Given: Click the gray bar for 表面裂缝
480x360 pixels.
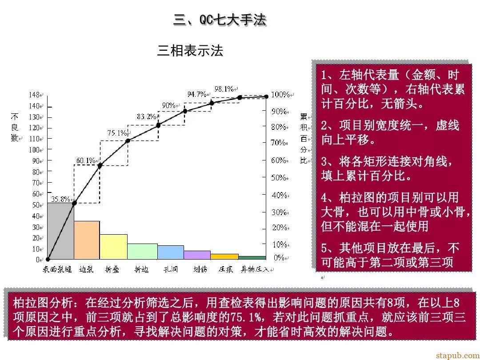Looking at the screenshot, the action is (x=60, y=231).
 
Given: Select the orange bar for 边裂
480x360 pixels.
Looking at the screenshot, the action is (x=87, y=240).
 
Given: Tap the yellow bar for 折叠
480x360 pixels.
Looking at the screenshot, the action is (x=113, y=247).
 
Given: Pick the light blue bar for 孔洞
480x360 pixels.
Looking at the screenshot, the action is (x=171, y=252).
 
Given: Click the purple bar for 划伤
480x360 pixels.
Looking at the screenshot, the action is (x=197, y=255).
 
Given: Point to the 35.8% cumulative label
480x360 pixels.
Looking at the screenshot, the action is (x=60, y=199).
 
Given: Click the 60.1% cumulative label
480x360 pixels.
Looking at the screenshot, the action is (x=86, y=160).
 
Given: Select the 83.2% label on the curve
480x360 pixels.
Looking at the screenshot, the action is (x=146, y=116).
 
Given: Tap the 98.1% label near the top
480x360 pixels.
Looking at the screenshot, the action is (x=224, y=89).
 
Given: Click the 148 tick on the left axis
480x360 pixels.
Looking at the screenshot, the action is (x=34, y=95).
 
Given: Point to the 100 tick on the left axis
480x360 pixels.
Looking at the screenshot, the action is (x=34, y=150).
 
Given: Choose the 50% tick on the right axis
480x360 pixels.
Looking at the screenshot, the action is (x=279, y=177).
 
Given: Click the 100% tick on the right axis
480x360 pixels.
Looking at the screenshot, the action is (x=280, y=95).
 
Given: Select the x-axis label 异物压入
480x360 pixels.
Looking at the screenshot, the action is (x=255, y=269).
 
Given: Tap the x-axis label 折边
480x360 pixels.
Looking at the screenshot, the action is (x=141, y=269).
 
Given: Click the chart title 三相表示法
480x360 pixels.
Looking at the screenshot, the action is (x=190, y=51).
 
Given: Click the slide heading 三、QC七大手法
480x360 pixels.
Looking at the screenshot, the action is (x=220, y=20).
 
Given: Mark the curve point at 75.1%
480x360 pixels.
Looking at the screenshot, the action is (x=128, y=140).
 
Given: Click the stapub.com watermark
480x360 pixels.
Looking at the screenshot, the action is (x=457, y=355).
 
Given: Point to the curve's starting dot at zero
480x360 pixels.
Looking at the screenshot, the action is (x=48, y=260).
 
